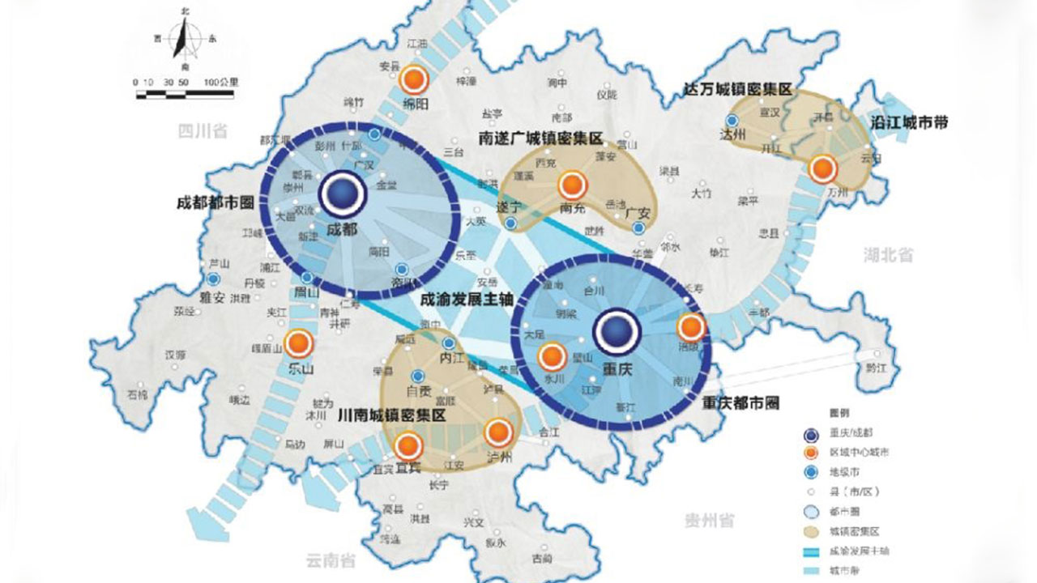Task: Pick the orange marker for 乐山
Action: [x=299, y=343]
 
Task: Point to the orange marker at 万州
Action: [x=823, y=169]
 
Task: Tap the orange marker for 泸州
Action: [x=499, y=434]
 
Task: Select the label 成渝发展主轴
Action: [x=466, y=298]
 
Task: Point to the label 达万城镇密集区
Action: [x=736, y=90]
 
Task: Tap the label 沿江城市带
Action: [x=908, y=123]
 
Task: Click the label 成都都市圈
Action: [x=216, y=202]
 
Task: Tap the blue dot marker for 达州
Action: [x=732, y=121]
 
